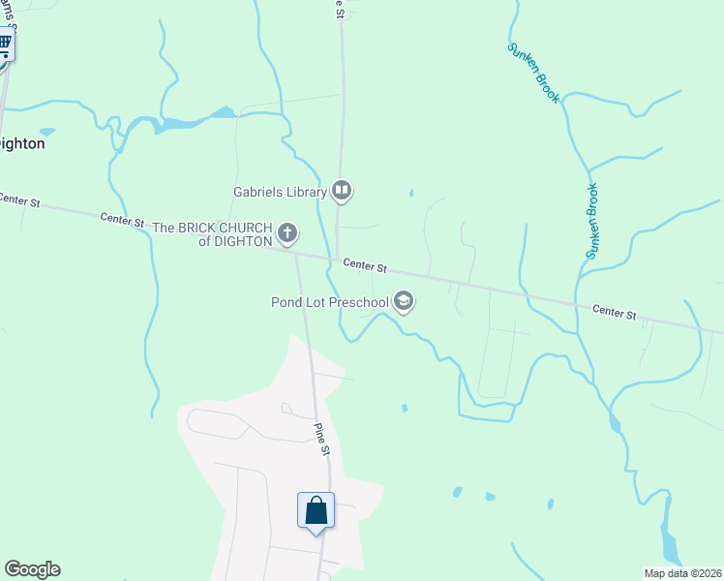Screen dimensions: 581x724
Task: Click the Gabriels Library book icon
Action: click(x=341, y=192)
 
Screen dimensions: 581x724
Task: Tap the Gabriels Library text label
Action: click(x=280, y=192)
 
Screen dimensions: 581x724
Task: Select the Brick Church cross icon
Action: click(x=287, y=233)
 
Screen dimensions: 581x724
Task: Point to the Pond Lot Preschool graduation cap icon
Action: click(x=405, y=303)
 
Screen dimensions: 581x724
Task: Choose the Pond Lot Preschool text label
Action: click(x=329, y=303)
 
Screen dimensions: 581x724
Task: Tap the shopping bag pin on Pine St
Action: click(x=316, y=510)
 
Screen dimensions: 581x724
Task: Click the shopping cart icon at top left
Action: click(x=4, y=44)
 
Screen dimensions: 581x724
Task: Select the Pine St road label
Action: click(x=321, y=438)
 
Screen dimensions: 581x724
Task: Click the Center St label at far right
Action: click(x=615, y=312)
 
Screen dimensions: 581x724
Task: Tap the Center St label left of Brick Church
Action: click(x=122, y=221)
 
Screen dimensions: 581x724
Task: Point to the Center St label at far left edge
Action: click(x=18, y=200)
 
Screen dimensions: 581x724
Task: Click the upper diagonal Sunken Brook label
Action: click(x=533, y=74)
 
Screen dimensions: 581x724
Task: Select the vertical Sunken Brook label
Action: click(x=592, y=221)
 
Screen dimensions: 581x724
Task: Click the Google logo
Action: click(x=32, y=569)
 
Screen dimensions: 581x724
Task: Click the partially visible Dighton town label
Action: click(x=21, y=142)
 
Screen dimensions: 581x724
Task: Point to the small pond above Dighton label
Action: click(x=46, y=131)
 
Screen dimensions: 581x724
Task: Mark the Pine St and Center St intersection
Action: click(x=296, y=250)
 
